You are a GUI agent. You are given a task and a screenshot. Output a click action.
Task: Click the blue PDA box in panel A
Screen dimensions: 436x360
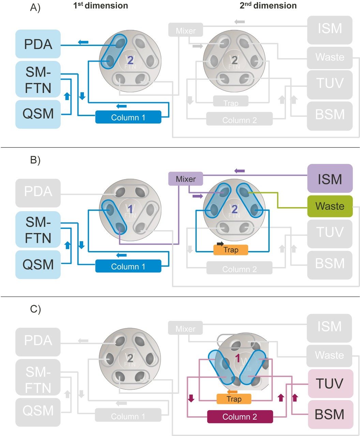point(38,44)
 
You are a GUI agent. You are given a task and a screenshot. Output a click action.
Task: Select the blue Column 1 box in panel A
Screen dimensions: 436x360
point(128,118)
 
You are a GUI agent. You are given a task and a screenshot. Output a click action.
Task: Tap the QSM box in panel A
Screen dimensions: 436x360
point(38,114)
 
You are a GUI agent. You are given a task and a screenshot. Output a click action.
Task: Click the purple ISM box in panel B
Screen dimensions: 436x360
point(330,178)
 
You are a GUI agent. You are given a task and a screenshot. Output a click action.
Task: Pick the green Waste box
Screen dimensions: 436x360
point(330,206)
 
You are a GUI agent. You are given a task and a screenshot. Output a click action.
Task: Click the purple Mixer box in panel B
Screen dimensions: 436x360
point(186,179)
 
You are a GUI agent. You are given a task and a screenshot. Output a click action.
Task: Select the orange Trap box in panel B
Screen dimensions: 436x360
point(231,250)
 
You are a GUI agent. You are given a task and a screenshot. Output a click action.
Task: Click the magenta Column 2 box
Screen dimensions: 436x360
point(240,417)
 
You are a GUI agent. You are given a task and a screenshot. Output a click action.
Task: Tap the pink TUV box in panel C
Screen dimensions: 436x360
point(330,384)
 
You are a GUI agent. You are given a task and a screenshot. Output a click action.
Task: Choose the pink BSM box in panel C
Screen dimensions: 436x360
point(330,414)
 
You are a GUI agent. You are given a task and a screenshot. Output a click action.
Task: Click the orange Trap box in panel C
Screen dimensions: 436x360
point(234,399)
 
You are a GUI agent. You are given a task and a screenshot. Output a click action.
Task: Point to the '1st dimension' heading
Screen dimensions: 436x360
point(101,5)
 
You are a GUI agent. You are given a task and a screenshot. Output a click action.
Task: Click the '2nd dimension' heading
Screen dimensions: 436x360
point(268,5)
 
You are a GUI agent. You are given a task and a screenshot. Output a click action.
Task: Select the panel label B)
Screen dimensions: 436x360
point(35,160)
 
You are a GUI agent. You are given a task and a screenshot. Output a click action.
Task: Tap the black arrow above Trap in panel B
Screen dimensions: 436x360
point(220,244)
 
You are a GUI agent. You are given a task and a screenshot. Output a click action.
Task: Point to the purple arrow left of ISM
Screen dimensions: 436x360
point(239,170)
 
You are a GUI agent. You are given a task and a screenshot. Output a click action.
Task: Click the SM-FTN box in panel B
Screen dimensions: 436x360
point(38,230)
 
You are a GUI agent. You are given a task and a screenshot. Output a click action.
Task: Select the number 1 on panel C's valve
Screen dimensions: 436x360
point(238,358)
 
